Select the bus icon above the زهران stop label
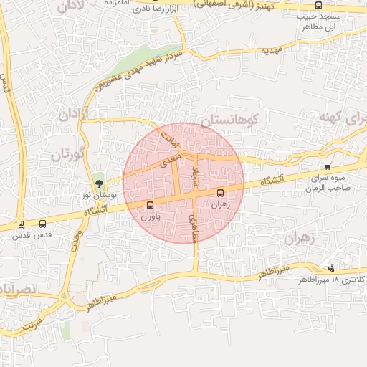coord(220,192)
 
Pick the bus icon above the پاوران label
coord(149,206)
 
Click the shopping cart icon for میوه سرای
coord(328,167)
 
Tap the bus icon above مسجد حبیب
coord(318,5)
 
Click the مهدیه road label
coord(271,51)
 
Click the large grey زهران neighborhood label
coord(300,239)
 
